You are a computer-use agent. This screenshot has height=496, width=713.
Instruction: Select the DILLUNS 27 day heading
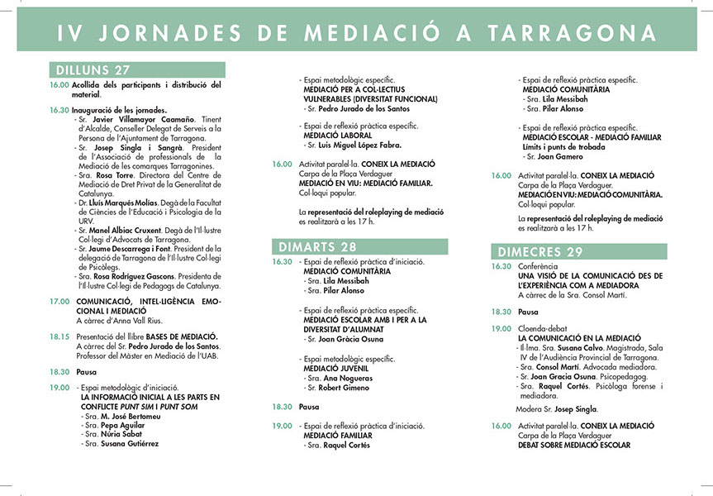[x=93, y=71]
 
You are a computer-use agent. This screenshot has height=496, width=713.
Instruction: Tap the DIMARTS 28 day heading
[x=318, y=246]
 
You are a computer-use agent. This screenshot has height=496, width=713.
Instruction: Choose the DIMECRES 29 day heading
[x=542, y=252]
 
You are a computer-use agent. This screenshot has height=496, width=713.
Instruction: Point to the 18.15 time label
[x=59, y=336]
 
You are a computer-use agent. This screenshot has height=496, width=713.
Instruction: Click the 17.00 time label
[x=59, y=301]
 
